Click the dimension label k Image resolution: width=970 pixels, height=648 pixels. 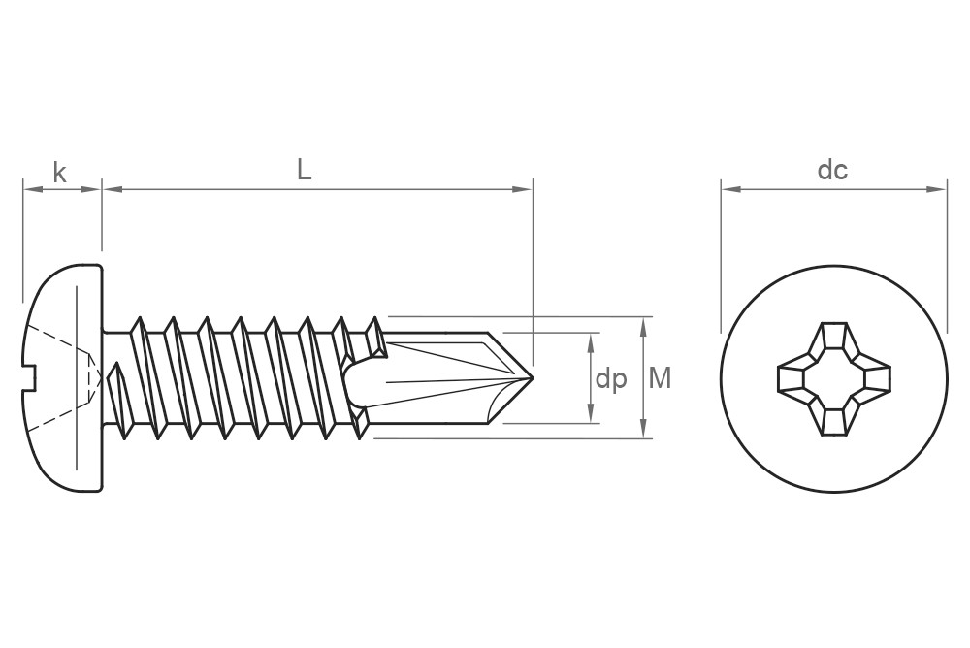[60, 174]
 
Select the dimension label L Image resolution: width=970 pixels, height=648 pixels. [305, 171]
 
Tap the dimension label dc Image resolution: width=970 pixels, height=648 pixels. [832, 171]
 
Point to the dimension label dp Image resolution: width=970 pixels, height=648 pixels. [611, 378]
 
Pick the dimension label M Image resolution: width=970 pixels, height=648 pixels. [660, 378]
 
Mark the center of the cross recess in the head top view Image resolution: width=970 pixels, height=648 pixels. [833, 378]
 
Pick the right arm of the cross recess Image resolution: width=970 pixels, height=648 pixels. [874, 378]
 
